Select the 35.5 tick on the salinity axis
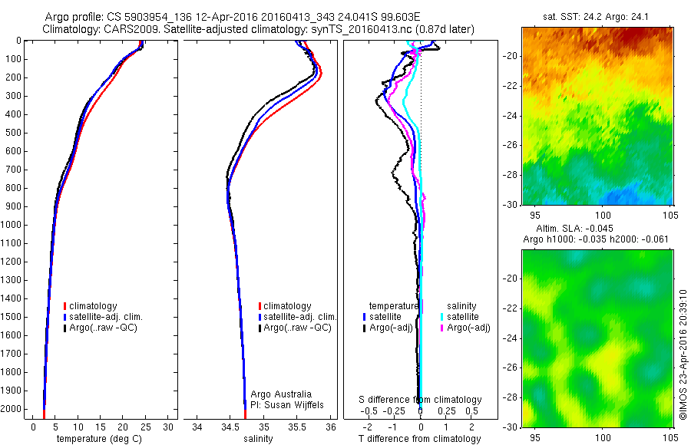(297, 427)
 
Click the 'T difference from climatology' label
(420, 439)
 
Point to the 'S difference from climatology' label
(421, 400)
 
